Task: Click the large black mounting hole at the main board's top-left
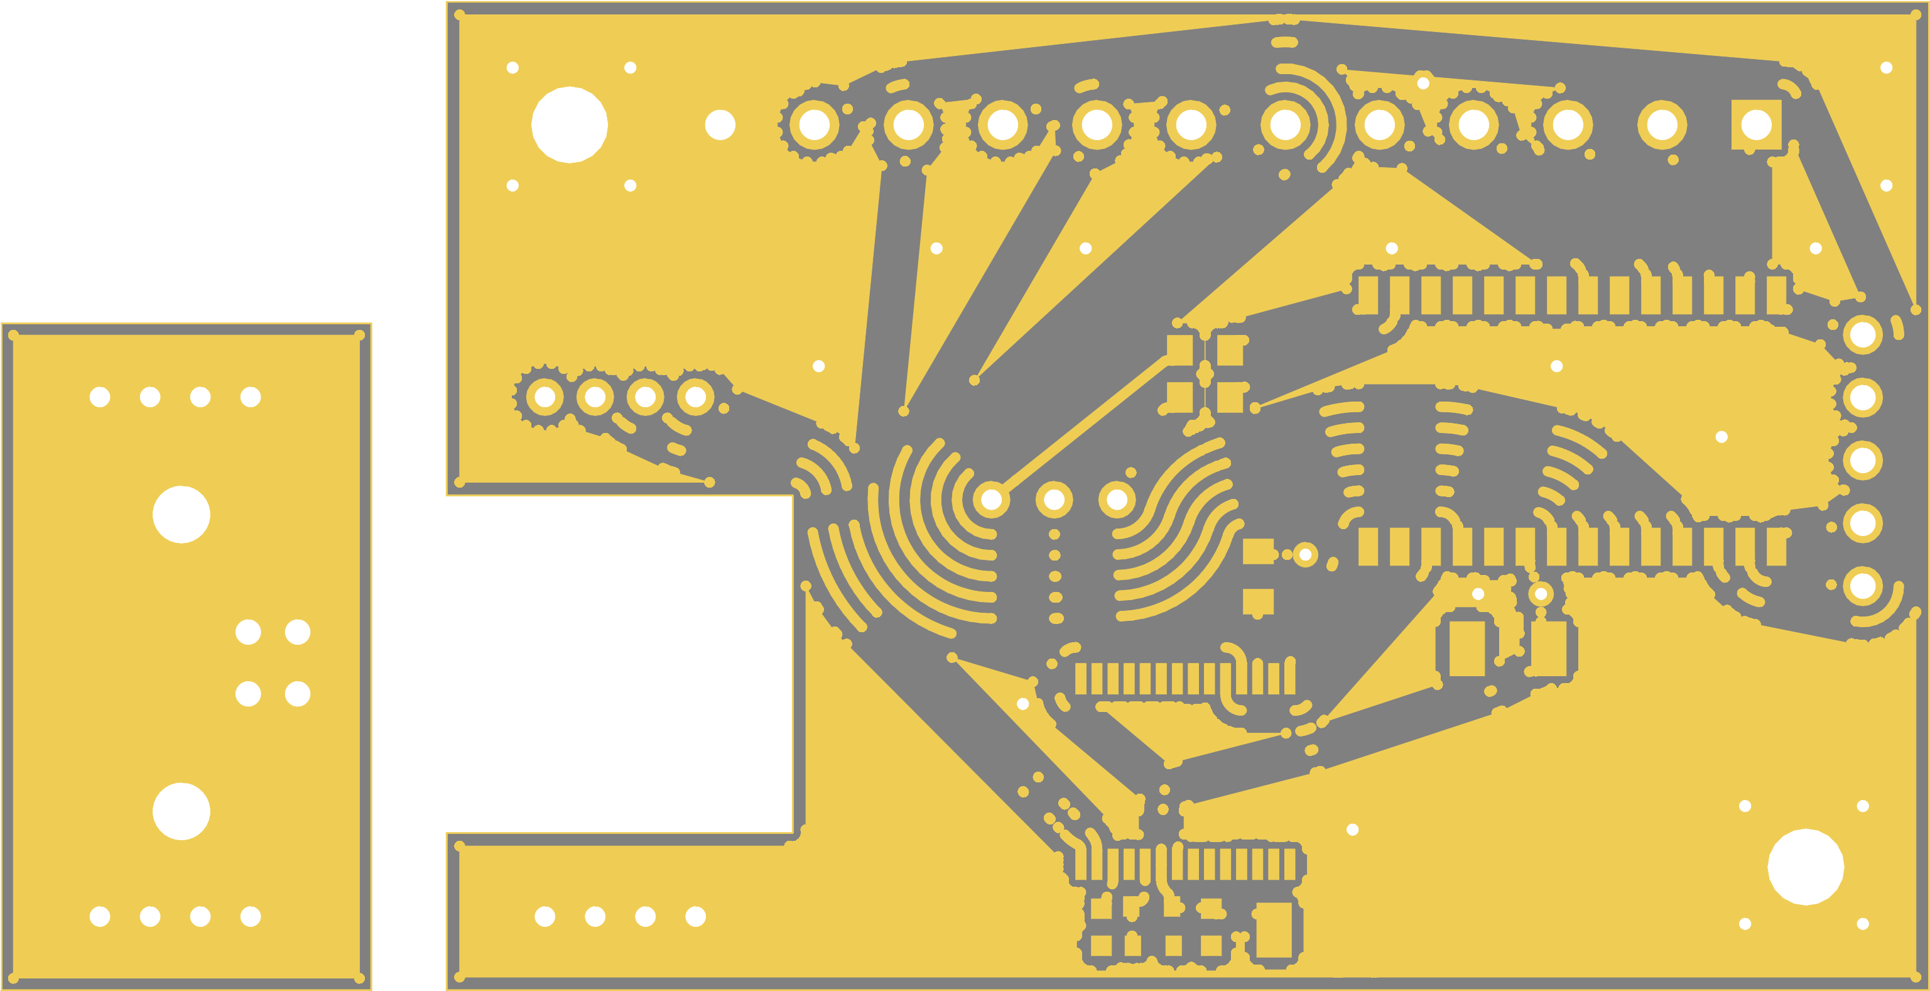[x=570, y=124]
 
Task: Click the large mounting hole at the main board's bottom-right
[x=1806, y=867]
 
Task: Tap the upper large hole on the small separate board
[x=182, y=514]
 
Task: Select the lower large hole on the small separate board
[x=182, y=811]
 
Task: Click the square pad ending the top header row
[x=1756, y=124]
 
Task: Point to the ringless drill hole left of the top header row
[x=720, y=124]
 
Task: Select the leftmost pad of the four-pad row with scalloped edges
[x=545, y=396]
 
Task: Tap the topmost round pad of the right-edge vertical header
[x=1863, y=334]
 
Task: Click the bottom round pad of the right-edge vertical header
[x=1863, y=586]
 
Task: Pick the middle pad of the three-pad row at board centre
[x=1054, y=498]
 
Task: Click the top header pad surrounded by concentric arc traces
[x=1285, y=124]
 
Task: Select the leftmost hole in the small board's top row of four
[x=100, y=397]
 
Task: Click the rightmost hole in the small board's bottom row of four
[x=250, y=916]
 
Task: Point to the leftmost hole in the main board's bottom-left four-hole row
[x=545, y=916]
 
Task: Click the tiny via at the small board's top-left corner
[x=13, y=335]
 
